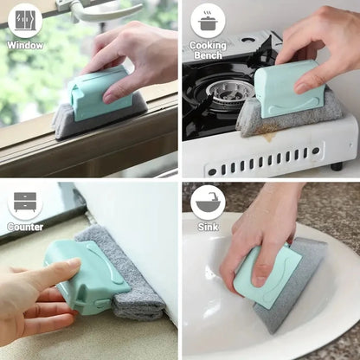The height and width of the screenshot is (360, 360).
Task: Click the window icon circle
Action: click(x=24, y=20)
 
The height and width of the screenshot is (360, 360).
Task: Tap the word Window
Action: click(x=25, y=45)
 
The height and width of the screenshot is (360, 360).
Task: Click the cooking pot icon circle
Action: click(x=208, y=20)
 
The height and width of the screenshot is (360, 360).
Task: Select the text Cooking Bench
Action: click(x=208, y=50)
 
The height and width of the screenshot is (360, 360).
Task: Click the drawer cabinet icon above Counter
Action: click(x=25, y=202)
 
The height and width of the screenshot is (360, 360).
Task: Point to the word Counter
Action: click(x=25, y=227)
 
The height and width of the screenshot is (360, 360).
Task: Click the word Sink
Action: click(x=208, y=227)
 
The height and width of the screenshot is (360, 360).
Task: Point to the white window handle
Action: click(x=104, y=10)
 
